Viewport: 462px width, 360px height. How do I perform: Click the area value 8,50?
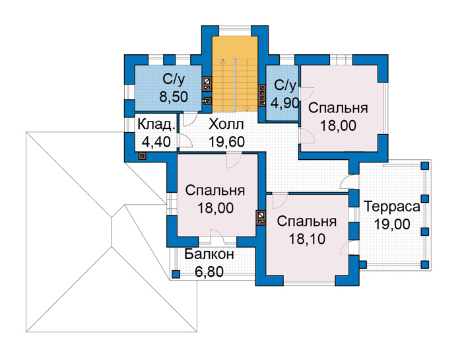[174, 96]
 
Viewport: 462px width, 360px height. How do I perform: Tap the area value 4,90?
[285, 103]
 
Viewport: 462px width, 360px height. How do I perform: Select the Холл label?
[226, 124]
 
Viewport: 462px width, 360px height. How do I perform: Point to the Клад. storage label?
[156, 124]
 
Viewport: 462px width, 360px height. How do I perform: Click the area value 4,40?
[156, 142]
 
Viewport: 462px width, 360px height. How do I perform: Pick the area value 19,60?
[226, 142]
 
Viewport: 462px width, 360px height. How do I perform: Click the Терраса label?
[392, 207]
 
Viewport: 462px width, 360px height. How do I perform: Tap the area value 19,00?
[392, 224]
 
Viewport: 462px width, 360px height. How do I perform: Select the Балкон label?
[209, 254]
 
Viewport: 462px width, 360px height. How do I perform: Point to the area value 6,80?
[209, 271]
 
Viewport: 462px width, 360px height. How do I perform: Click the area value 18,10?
[307, 239]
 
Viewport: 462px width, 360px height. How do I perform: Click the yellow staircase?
[235, 74]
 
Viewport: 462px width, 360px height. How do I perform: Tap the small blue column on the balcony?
[176, 274]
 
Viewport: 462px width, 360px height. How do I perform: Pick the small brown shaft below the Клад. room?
[142, 156]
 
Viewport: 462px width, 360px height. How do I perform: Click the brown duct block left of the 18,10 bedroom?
[261, 217]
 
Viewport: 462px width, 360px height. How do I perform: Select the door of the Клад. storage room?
[185, 140]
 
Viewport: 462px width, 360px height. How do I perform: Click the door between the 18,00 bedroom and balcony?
[217, 236]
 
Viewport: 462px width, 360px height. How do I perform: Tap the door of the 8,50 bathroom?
[190, 118]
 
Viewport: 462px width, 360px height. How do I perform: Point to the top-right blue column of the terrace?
[424, 165]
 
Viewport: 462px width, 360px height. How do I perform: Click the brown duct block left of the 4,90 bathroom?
[261, 96]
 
